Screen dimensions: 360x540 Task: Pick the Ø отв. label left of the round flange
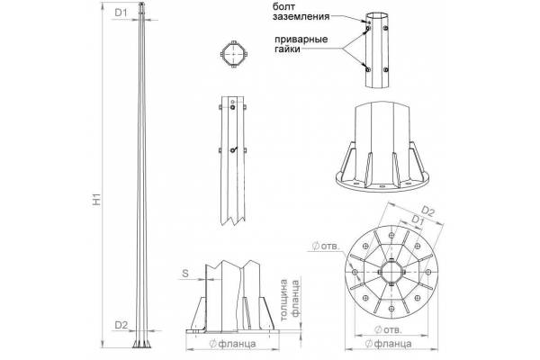tap(323, 246)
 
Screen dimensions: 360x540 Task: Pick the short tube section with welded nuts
tap(377, 49)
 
